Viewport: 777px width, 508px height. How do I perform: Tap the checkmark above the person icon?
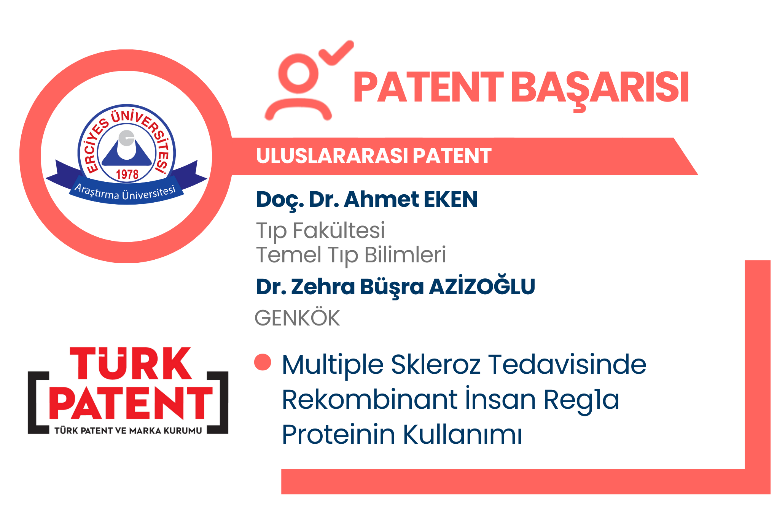pos(336,53)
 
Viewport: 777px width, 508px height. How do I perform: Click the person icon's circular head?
pos(298,73)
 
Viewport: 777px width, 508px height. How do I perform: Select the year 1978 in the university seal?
pos(127,174)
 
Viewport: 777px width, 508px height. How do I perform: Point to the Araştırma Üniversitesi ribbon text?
pos(125,192)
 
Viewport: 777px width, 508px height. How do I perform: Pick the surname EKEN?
pos(451,199)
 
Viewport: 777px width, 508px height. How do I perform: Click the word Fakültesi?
pos(339,230)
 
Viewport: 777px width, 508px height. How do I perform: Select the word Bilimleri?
pos(405,254)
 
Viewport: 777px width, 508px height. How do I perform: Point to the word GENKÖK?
pos(297,317)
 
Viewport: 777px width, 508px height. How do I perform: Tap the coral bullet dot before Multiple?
pos(263,362)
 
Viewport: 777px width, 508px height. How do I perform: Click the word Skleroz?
pos(436,364)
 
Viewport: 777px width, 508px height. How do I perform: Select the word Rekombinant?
pos(369,399)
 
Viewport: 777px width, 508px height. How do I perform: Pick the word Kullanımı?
pos(462,434)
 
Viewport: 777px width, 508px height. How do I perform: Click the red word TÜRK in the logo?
pos(131,364)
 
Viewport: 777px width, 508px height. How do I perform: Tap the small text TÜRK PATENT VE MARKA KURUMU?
pos(128,430)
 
